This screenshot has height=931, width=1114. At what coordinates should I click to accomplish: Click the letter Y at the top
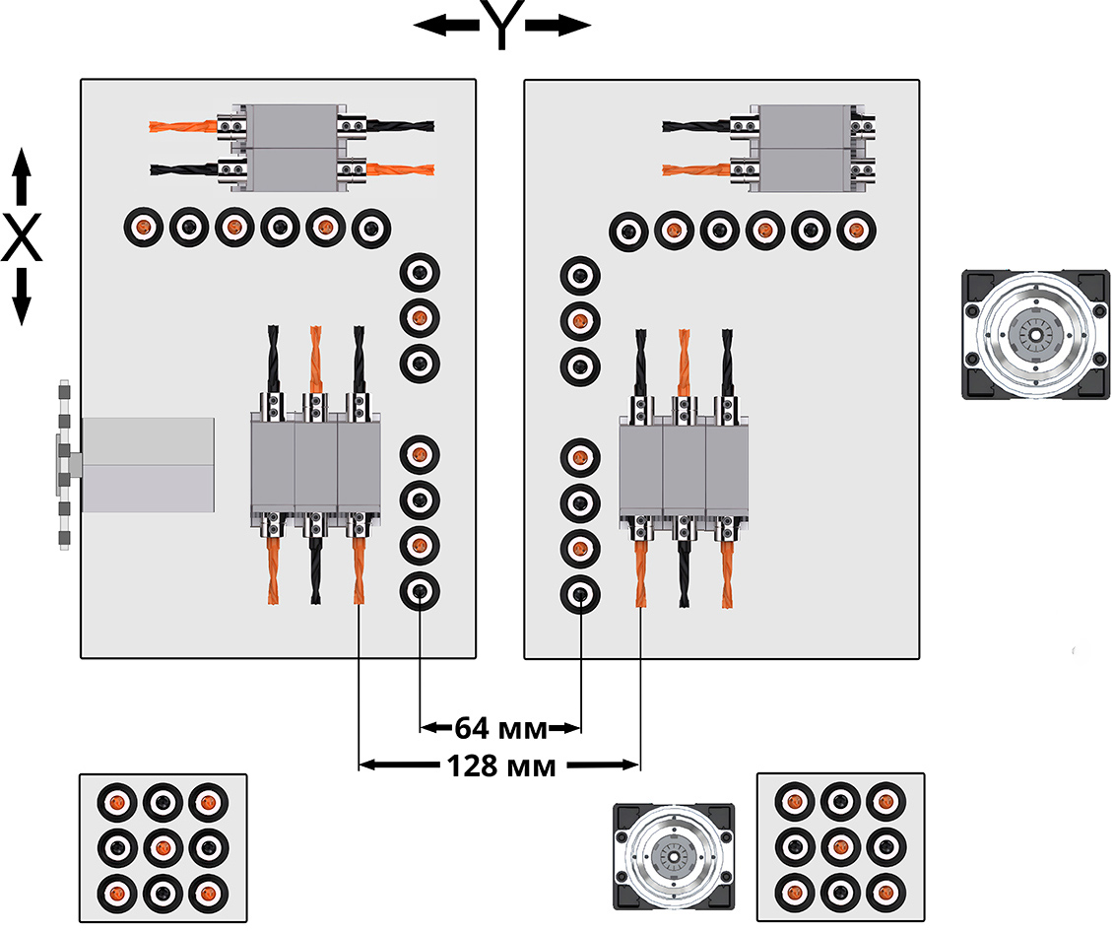(501, 26)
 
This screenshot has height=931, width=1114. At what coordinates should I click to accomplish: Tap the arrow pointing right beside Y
(558, 27)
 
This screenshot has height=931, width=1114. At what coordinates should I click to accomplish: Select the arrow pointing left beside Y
(445, 27)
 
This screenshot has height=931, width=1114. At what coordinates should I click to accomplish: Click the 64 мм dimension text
(500, 729)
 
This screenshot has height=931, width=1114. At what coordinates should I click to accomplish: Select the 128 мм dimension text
(500, 765)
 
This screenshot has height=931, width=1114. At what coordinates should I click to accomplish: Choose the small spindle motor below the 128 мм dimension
(674, 855)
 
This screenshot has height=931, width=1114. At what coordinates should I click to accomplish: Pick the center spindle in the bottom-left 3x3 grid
(163, 847)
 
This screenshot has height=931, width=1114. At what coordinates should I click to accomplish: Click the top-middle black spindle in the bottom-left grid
(163, 802)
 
